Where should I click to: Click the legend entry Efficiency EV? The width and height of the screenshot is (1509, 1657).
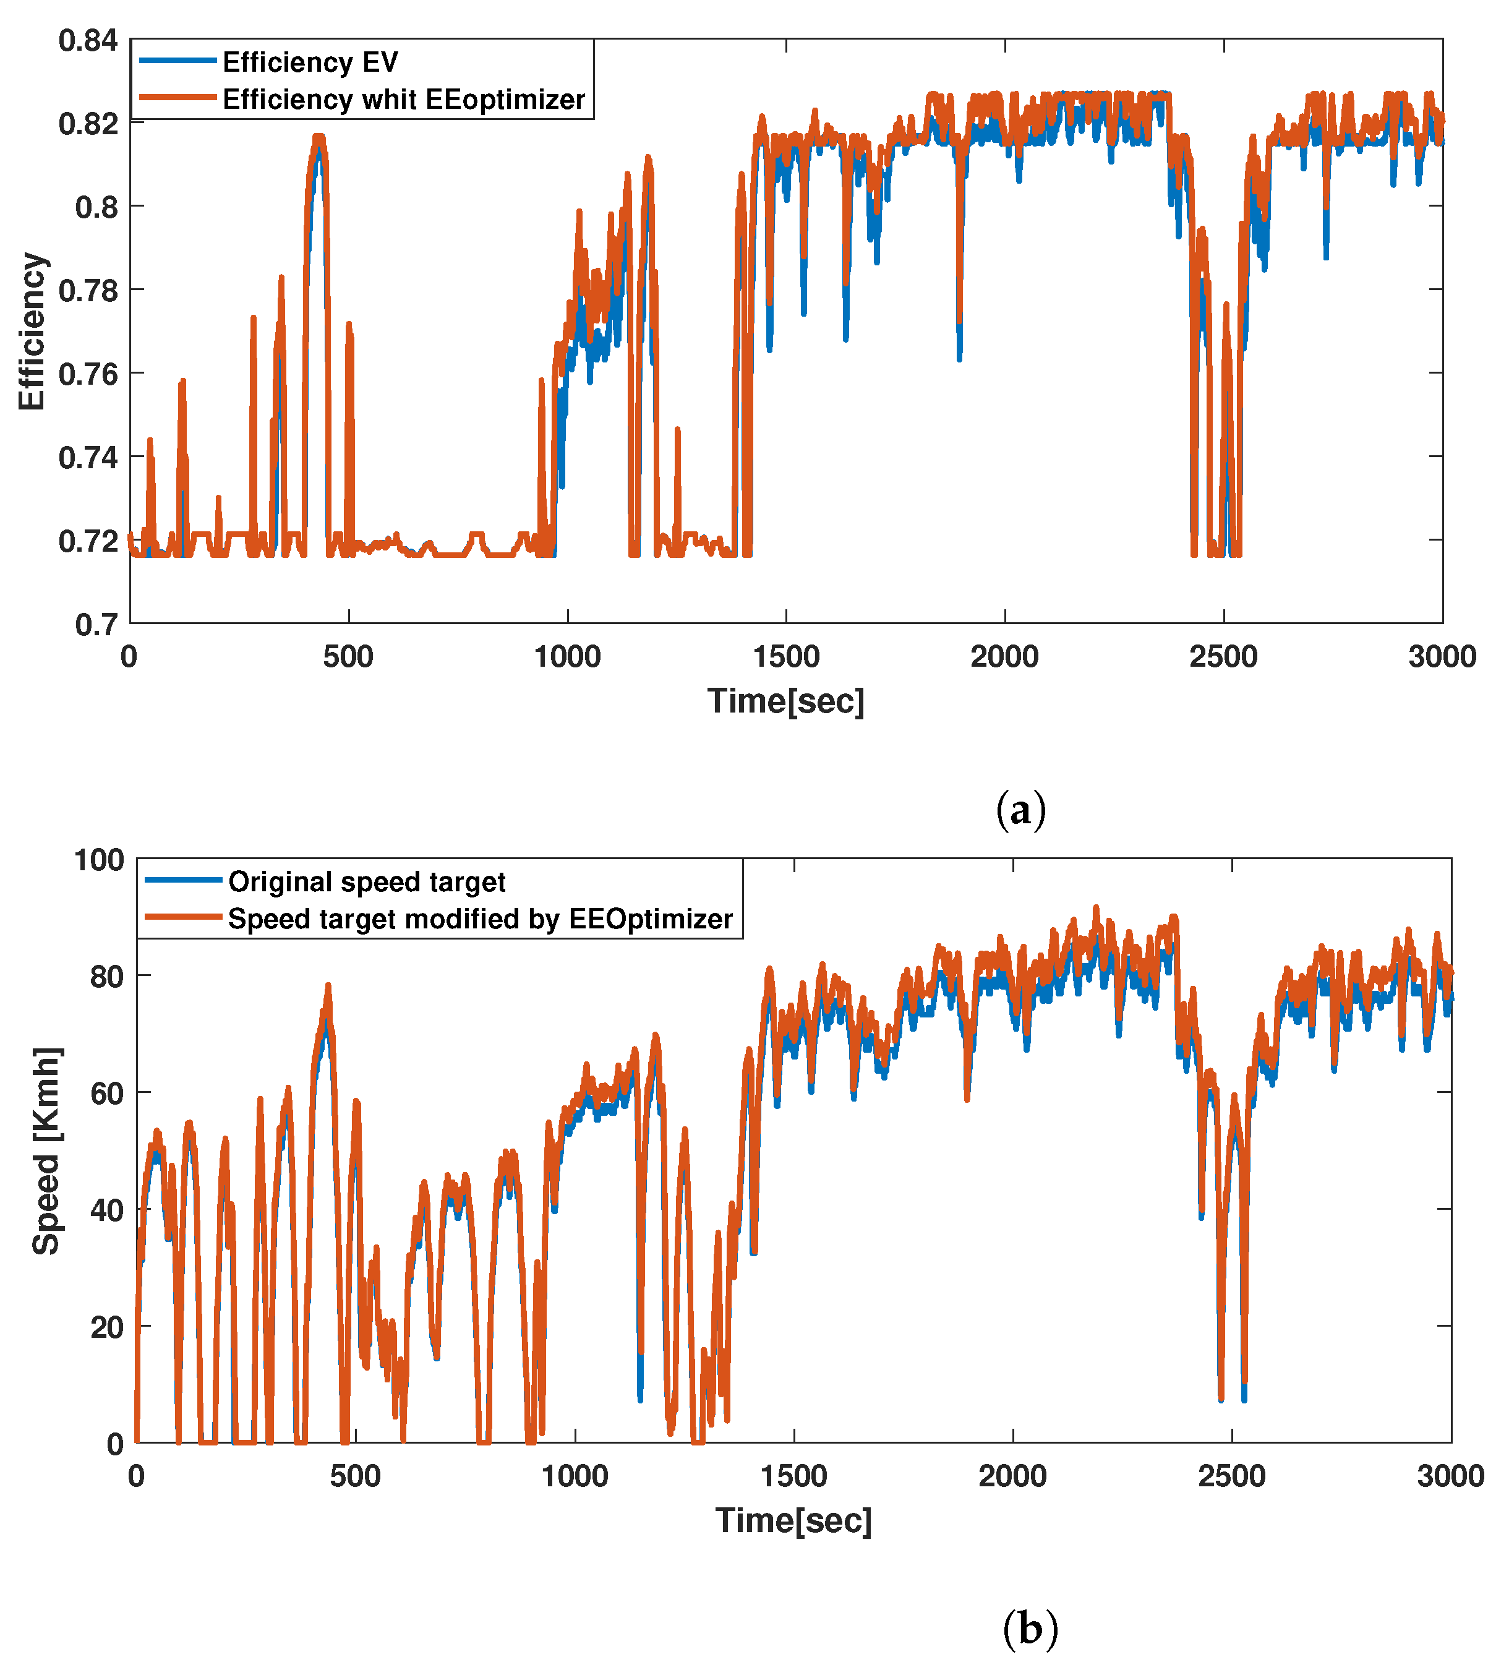pos(310,62)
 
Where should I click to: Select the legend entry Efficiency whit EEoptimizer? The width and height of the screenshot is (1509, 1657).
pos(403,100)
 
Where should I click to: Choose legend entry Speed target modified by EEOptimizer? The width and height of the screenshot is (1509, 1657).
pos(479,919)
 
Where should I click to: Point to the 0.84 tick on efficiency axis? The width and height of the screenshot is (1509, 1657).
pos(88,40)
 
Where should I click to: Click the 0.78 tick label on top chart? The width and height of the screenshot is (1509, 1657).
pos(88,290)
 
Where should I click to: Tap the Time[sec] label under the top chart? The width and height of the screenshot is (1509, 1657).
pos(786,701)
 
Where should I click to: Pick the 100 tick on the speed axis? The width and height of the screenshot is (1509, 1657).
pos(98,860)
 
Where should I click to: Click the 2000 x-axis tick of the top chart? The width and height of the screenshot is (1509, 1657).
pos(1004,657)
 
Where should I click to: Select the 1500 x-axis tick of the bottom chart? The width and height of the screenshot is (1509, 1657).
pos(793,1476)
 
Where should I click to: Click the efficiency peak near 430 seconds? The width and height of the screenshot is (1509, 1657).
pos(319,138)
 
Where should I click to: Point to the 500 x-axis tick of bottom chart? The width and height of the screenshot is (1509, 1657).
pos(355,1476)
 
